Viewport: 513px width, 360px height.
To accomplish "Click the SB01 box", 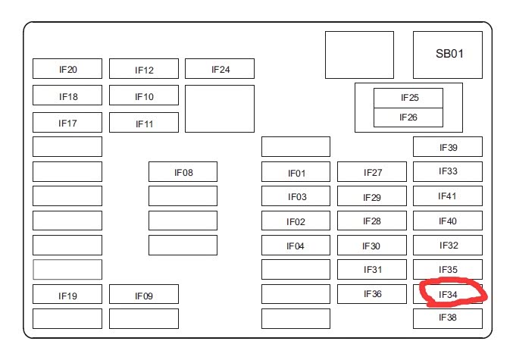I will [x=448, y=55].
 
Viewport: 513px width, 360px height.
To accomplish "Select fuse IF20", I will [x=67, y=69].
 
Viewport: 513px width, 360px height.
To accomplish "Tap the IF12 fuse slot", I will [x=144, y=70].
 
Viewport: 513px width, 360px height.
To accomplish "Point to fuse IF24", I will [x=220, y=69].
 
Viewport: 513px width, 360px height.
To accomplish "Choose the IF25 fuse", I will [x=408, y=98].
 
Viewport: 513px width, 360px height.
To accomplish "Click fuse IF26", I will [x=408, y=117].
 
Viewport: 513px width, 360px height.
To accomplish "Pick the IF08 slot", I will [x=183, y=172].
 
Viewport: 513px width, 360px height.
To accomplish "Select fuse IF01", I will [x=296, y=173].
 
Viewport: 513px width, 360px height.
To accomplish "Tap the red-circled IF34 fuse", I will [x=449, y=293].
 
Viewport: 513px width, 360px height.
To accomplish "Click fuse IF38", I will [x=448, y=318].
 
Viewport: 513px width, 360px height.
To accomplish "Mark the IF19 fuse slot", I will [x=67, y=295].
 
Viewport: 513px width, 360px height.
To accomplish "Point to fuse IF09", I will [x=144, y=296].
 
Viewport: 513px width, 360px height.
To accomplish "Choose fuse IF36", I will [x=372, y=294].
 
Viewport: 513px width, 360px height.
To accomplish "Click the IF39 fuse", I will [x=448, y=147].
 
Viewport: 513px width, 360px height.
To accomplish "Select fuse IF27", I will [x=372, y=173].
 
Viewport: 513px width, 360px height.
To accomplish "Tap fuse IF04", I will [x=296, y=246].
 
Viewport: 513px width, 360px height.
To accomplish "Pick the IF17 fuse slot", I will [x=67, y=122].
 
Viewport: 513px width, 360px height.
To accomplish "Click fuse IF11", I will [x=144, y=123].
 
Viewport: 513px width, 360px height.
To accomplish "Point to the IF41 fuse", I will [x=448, y=196].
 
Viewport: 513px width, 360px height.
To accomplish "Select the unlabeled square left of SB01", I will [x=359, y=55].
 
